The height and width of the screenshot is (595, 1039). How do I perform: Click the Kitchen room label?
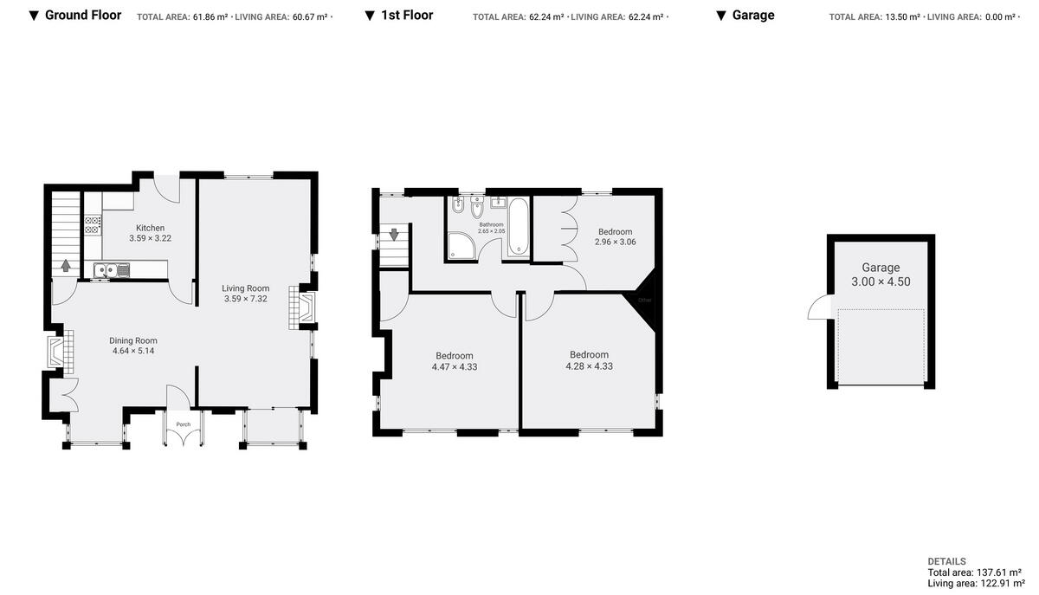point(150,228)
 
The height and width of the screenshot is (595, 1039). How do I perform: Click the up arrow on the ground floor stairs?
point(66,265)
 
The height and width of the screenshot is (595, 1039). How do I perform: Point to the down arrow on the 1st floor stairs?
point(394,234)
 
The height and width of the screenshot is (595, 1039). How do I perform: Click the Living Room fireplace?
point(304,308)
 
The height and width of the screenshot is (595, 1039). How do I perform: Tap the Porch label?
point(183,424)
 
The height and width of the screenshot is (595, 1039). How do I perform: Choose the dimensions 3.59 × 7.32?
point(245,300)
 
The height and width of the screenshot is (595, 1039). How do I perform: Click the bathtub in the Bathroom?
point(519,227)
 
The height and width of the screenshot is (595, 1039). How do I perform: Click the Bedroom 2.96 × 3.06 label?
point(615,231)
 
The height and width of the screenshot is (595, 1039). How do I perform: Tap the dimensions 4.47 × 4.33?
point(455,367)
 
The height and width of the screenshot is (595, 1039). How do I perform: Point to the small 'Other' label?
point(644,300)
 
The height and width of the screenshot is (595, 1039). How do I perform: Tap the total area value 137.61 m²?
point(995,572)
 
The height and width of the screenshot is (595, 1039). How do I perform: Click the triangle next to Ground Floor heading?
point(34,16)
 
